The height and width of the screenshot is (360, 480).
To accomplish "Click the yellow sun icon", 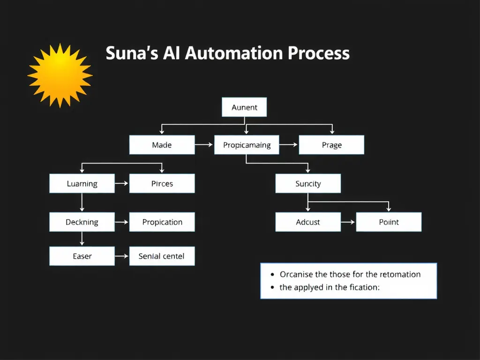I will point(60,75).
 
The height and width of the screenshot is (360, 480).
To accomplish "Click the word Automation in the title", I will point(234,53).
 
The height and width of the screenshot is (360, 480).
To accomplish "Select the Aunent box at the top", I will point(244,107).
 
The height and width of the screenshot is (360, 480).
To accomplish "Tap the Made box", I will point(162,145).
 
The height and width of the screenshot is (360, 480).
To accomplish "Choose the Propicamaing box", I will point(247,145).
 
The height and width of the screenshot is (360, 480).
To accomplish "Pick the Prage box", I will point(331,145).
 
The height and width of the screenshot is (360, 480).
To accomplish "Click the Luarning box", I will point(82,184).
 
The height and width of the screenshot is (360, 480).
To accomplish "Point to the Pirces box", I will point(162,184).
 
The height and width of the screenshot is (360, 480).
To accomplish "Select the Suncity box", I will point(308,184).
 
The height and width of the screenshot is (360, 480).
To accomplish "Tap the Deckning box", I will point(82,222).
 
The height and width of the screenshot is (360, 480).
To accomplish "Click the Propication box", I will point(162,222).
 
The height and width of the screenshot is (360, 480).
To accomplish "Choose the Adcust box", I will point(308,222).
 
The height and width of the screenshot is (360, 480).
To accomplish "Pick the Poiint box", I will point(389,222).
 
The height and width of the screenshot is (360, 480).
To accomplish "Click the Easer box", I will point(82,256).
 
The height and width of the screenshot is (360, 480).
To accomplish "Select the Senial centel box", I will point(162,256).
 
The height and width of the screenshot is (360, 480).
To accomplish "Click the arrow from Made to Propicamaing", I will point(204,145).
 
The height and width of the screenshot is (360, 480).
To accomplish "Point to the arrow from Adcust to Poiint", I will point(348,222).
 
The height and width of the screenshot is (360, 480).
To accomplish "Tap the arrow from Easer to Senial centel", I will point(122,256).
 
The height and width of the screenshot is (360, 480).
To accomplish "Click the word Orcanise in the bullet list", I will point(297,274).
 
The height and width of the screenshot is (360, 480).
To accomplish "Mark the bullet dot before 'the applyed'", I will point(272,287).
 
